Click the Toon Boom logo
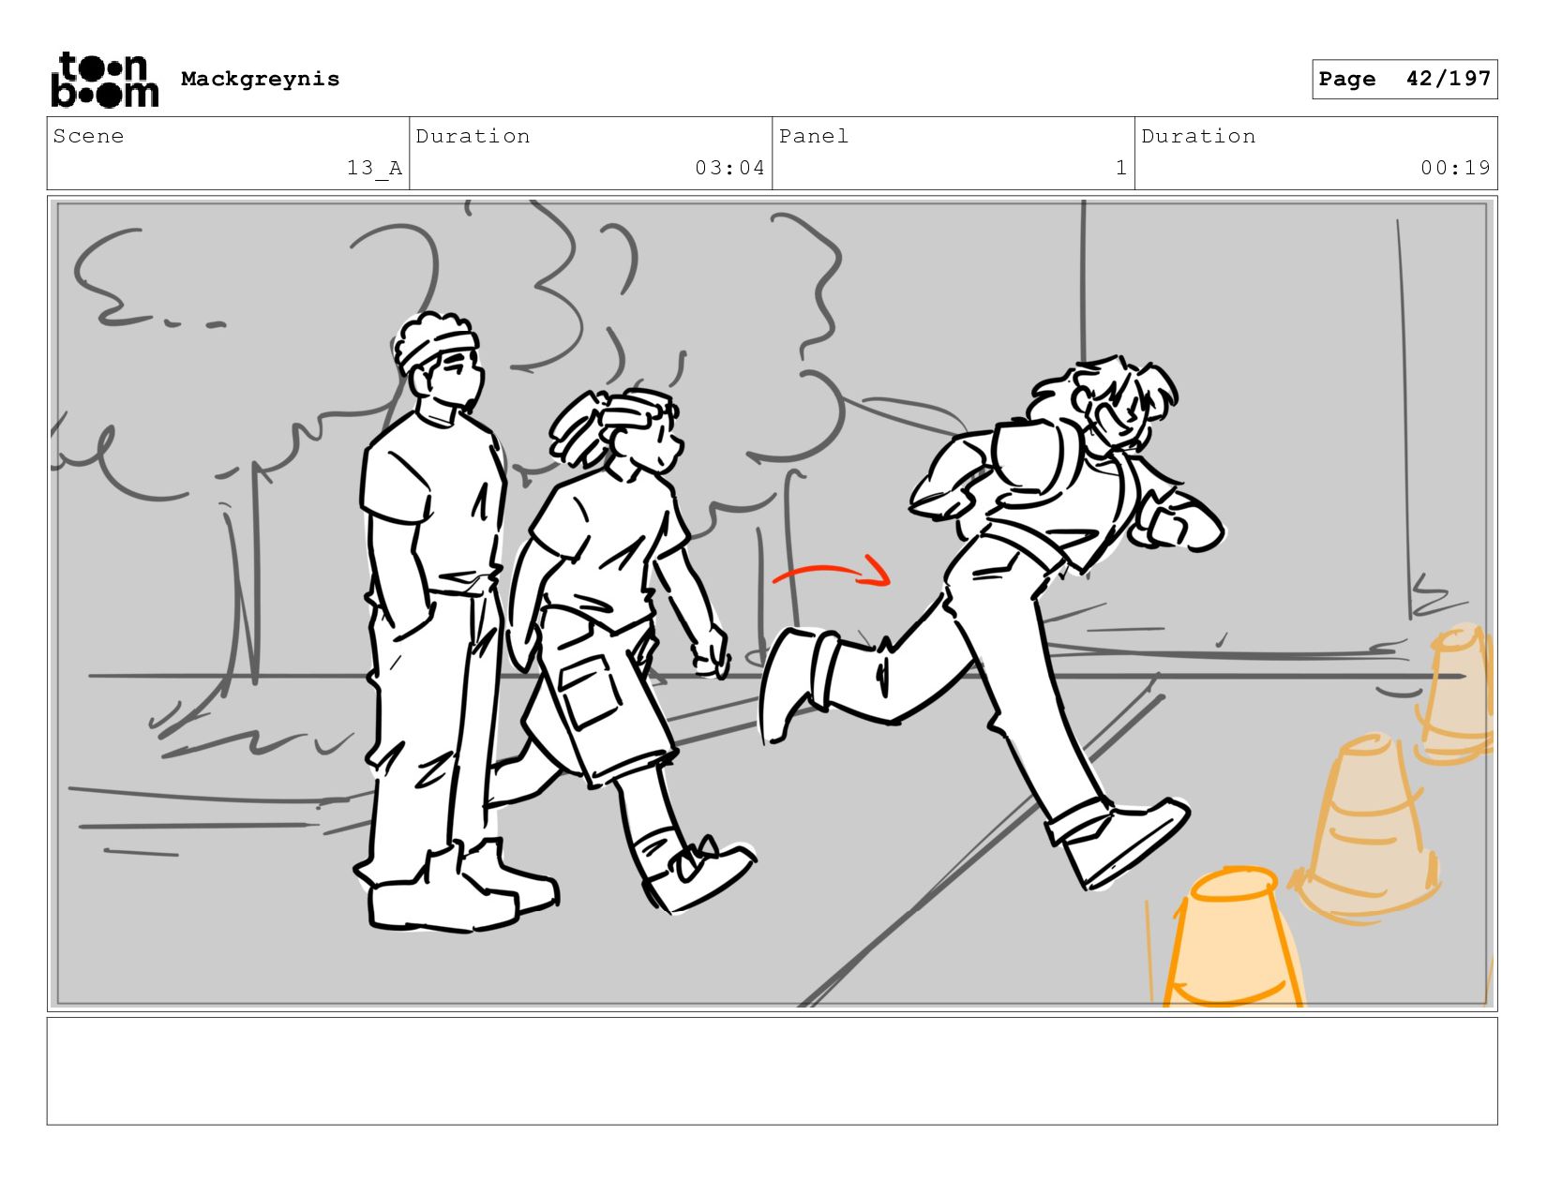[105, 80]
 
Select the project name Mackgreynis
[260, 79]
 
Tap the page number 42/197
[1448, 79]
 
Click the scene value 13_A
[374, 168]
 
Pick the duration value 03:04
[729, 168]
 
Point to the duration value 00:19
[1455, 168]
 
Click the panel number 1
[1121, 168]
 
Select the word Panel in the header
[814, 136]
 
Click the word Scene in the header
[88, 136]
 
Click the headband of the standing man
[436, 347]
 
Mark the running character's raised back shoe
[789, 683]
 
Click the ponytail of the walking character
[576, 429]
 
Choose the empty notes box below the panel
[773, 1071]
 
